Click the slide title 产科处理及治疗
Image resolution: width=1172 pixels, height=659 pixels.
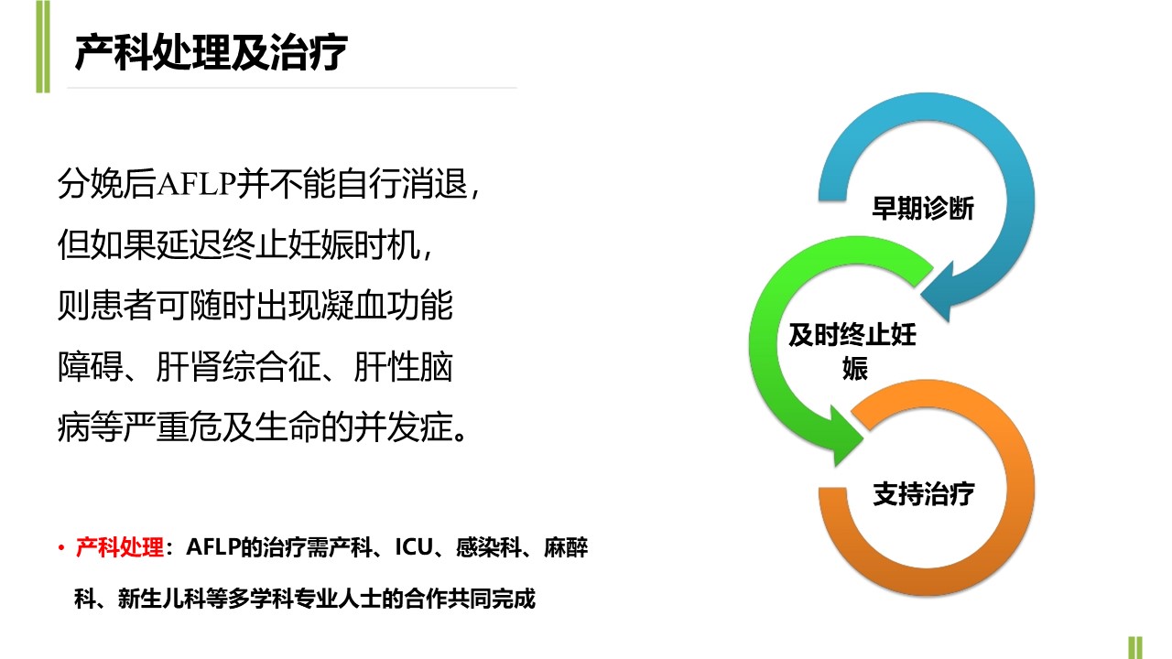211,52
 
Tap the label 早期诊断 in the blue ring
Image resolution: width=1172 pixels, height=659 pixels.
923,208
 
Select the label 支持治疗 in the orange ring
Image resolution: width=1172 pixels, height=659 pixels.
924,493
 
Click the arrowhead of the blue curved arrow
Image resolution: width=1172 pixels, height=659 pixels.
938,291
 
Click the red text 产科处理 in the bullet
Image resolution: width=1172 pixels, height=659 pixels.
120,547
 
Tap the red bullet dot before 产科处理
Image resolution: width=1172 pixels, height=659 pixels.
61,548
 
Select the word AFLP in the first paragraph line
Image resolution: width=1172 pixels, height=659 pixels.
196,184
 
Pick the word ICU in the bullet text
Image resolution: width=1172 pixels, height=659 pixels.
413,547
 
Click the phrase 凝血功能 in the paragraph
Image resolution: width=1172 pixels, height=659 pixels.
386,305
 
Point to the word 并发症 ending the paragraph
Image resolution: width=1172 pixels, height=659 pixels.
403,427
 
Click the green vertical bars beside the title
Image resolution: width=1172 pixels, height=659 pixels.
43,47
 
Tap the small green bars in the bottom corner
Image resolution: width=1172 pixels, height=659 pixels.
1135,647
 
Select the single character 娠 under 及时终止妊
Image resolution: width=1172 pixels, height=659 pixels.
855,368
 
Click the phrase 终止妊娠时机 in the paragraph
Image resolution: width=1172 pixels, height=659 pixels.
320,244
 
